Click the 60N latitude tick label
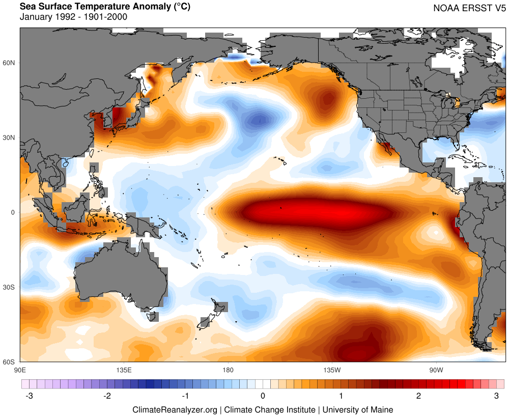tap(10, 63)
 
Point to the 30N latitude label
tap(10, 138)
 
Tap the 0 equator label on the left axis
tap(13, 213)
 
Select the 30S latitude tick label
tap(10, 288)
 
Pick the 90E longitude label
tap(20, 369)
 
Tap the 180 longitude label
tap(228, 369)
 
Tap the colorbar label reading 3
tap(497, 396)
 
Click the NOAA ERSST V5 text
tap(469, 8)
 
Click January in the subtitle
tap(36, 17)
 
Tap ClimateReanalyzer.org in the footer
tap(175, 409)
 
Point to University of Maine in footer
tap(358, 409)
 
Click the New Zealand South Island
tap(205, 322)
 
